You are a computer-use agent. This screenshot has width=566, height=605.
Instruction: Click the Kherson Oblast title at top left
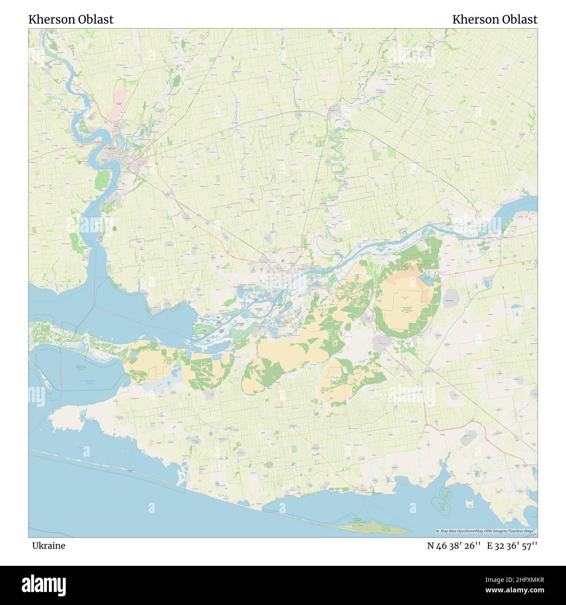point(71,20)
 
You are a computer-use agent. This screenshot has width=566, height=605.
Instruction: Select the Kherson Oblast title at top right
point(495,20)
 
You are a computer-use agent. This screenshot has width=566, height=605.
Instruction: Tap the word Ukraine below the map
point(48,546)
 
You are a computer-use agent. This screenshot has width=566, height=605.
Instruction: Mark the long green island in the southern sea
point(374,528)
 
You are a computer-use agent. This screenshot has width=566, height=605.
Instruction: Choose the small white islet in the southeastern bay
point(445,493)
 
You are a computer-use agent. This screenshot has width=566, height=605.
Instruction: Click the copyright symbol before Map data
point(438,531)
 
